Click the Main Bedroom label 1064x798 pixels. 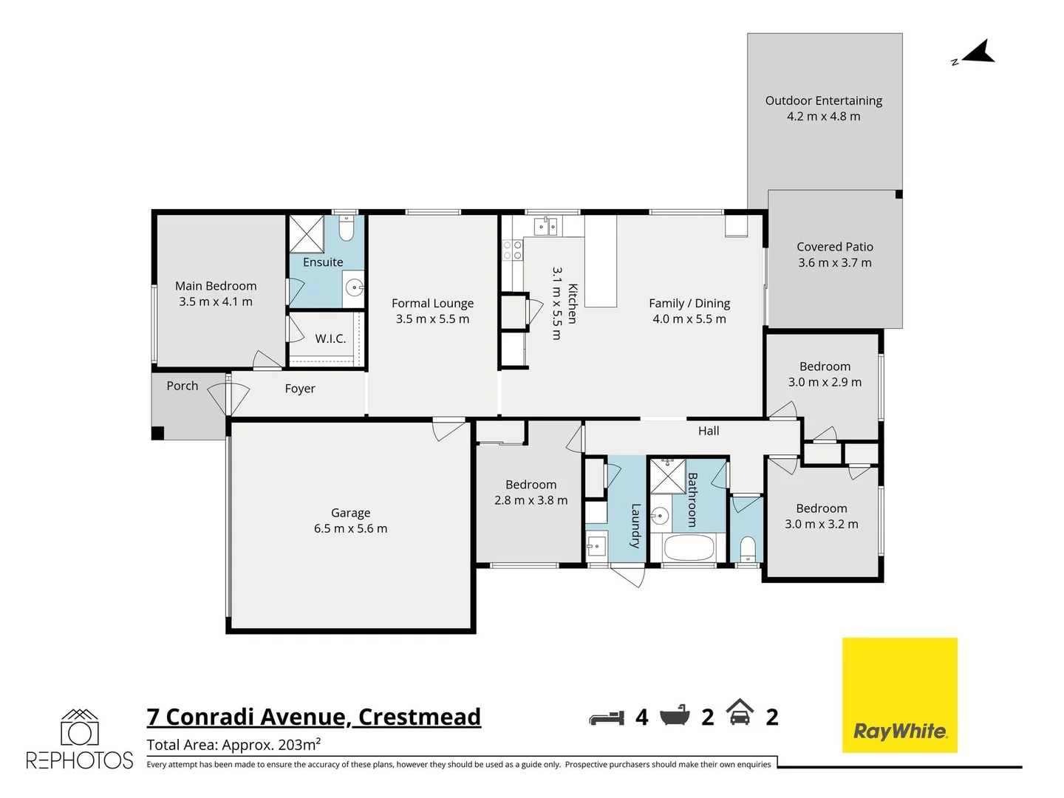216,286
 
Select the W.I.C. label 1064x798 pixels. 330,338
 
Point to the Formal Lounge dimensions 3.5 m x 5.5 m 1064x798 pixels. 432,319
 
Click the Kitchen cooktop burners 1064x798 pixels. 513,250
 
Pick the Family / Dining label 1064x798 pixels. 689,303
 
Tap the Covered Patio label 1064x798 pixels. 835,247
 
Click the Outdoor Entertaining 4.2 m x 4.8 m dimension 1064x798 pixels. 823,117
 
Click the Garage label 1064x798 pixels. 350,513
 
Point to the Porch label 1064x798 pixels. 182,386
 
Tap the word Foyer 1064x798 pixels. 300,389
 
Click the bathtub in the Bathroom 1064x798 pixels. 689,548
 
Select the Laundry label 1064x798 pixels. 635,525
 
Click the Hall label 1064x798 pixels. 709,431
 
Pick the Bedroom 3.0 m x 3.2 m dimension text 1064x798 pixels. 821,525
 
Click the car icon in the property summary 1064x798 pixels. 740,714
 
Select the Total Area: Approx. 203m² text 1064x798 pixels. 233,745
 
